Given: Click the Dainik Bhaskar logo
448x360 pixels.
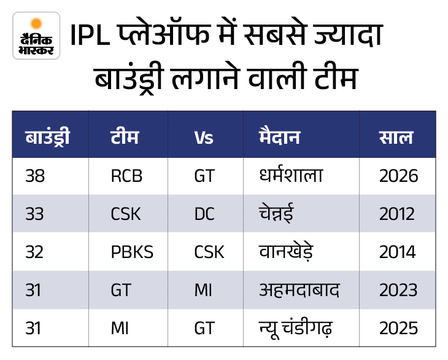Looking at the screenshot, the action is click(36, 36).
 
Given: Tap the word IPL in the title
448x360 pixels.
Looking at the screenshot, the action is click(90, 35).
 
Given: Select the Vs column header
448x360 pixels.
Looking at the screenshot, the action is click(204, 138).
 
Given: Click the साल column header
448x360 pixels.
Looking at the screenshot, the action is click(396, 137).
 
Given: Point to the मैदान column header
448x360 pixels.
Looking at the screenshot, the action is click(279, 136).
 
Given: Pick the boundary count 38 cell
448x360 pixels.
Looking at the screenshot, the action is click(35, 176).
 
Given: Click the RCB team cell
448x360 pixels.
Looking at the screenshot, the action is click(126, 176).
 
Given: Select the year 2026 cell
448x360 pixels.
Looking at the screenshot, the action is click(398, 176).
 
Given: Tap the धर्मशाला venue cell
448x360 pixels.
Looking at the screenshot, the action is click(291, 174).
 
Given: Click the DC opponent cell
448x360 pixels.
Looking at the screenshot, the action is click(204, 214).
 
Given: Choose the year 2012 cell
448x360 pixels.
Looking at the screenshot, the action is click(397, 214).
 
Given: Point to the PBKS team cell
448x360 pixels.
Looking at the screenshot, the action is click(132, 252).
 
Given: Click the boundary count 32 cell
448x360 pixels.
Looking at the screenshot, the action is click(34, 252).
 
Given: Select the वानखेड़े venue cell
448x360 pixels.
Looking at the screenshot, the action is click(286, 252).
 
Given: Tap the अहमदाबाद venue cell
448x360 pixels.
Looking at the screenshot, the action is click(299, 289).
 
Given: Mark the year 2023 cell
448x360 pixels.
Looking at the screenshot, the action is click(398, 290).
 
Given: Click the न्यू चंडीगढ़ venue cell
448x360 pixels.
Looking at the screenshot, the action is click(295, 328).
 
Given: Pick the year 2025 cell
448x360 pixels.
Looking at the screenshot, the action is click(398, 328).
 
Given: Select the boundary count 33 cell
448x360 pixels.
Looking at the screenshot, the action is click(34, 214).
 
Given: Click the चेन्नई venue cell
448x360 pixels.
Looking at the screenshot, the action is click(276, 213).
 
